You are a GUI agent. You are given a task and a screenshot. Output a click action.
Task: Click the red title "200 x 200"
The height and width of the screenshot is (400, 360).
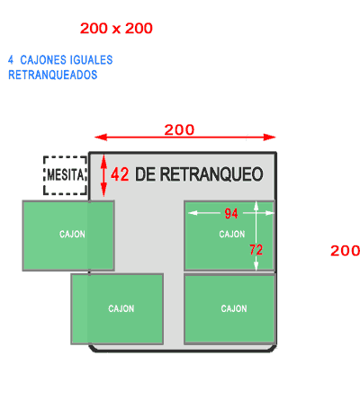pos(116,29)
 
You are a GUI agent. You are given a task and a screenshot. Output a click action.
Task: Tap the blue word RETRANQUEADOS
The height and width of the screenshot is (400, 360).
pos(53,75)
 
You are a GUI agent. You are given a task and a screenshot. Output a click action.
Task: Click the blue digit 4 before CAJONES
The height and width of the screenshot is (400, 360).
pos(11,60)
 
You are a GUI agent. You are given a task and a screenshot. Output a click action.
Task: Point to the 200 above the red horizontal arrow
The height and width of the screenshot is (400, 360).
pos(179,130)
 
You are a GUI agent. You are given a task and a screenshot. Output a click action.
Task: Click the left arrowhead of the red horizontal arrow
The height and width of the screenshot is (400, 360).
pos(101,138)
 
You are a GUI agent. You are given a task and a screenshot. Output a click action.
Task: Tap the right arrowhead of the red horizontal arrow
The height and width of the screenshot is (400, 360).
pos(269,138)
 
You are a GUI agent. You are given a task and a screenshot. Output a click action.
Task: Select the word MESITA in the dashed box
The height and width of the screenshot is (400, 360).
pos(66,175)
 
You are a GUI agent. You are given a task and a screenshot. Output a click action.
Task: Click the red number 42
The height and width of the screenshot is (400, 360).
pos(120,174)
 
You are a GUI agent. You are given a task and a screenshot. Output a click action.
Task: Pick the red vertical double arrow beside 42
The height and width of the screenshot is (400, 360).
pos(103,175)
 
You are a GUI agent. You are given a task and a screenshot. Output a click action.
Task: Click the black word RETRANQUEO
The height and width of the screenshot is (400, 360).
pos(211,174)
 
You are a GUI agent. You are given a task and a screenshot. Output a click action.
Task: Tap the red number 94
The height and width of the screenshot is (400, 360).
pos(231,214)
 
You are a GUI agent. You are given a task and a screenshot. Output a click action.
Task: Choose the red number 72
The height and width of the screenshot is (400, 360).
pos(256,250)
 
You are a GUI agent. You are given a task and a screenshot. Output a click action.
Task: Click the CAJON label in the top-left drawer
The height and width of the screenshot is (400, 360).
pos(72,234)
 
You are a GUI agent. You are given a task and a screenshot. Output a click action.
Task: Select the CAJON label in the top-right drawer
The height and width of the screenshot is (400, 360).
pos(232,234)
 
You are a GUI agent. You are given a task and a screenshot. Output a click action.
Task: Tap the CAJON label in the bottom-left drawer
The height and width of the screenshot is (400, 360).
pos(121,308)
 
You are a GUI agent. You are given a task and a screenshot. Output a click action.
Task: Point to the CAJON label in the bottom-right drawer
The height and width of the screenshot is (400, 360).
pos(234,308)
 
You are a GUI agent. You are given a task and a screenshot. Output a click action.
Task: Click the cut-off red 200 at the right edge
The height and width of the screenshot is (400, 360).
pos(345,251)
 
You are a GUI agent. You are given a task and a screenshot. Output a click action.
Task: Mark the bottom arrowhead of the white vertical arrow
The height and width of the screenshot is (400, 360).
pos(256,266)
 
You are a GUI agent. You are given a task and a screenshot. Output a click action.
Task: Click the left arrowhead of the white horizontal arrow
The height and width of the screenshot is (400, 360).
pos(193,213)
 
